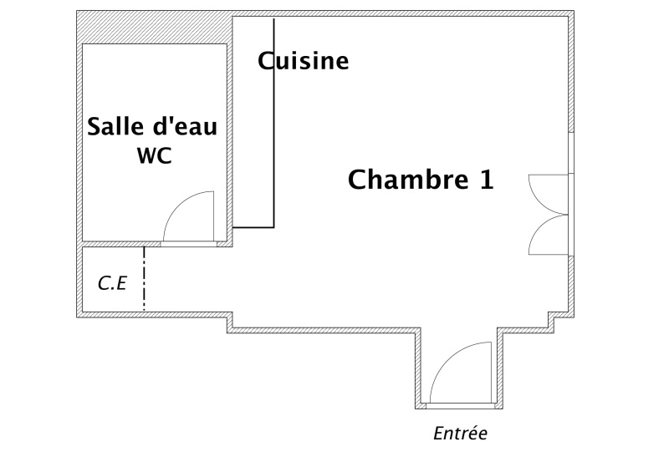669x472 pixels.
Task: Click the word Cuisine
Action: [303, 61]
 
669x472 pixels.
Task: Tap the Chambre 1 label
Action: [420, 180]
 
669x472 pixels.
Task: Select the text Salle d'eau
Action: [153, 128]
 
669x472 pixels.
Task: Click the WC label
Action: [154, 156]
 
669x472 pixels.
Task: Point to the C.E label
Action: [111, 284]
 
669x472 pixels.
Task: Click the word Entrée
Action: [460, 434]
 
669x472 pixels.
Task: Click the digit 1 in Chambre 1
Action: [486, 180]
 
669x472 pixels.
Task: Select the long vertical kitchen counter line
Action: [273, 134]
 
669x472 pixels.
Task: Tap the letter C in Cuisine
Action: [266, 61]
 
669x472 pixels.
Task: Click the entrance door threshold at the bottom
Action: [460, 406]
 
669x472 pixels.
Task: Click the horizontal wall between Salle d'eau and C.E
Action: [154, 244]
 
